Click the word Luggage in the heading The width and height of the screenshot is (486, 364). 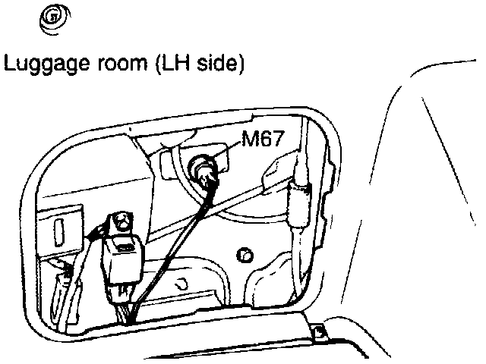pos(45,67)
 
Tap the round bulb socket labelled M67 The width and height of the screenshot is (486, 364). pos(203,168)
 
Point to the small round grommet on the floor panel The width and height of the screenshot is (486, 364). pos(245,255)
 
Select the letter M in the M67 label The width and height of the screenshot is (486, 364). pos(249,140)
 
